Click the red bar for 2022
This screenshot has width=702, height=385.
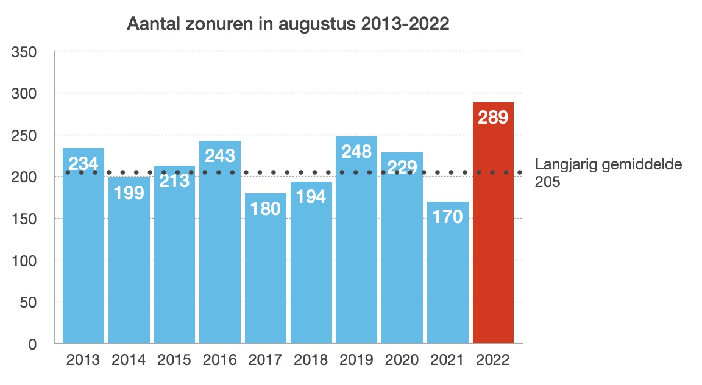pyautogui.click(x=493, y=244)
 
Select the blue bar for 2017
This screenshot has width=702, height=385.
pyautogui.click(x=266, y=274)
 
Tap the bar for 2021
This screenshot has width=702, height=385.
pyautogui.click(x=448, y=280)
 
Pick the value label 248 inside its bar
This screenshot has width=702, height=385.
pyautogui.click(x=356, y=151)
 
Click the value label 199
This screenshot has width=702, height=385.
pyautogui.click(x=129, y=192)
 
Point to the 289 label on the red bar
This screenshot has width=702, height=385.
pyautogui.click(x=493, y=117)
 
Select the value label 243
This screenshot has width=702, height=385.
pyautogui.click(x=220, y=155)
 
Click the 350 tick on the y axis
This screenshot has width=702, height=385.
pyautogui.click(x=25, y=52)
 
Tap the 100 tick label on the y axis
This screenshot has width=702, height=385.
pyautogui.click(x=25, y=261)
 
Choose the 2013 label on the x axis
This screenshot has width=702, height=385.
pyautogui.click(x=83, y=360)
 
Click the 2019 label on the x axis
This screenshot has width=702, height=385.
pyautogui.click(x=356, y=360)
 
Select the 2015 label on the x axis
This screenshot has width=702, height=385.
pyautogui.click(x=174, y=360)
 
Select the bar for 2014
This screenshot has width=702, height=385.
pyautogui.click(x=129, y=268)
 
